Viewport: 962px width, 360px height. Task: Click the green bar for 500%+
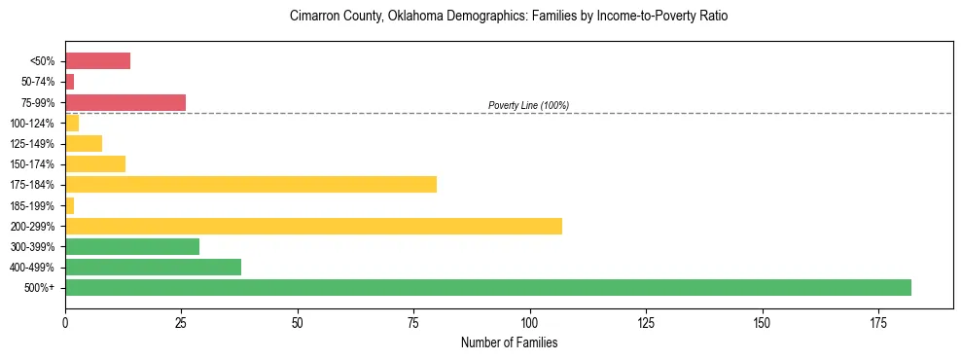click(x=487, y=287)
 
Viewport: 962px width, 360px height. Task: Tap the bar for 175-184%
click(x=251, y=184)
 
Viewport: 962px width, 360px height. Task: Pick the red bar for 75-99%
click(x=125, y=102)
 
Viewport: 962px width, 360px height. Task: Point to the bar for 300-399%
click(x=132, y=246)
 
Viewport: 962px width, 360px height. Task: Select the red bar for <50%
click(x=97, y=61)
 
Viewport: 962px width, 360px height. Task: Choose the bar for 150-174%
click(x=95, y=163)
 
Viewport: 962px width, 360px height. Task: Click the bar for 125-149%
click(x=84, y=143)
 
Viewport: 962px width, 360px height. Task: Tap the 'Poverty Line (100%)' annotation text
click(x=528, y=105)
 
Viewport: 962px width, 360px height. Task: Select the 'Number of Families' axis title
click(x=509, y=342)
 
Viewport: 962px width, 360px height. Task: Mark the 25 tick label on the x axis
click(x=181, y=321)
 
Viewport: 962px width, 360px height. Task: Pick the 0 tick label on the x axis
click(x=65, y=321)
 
